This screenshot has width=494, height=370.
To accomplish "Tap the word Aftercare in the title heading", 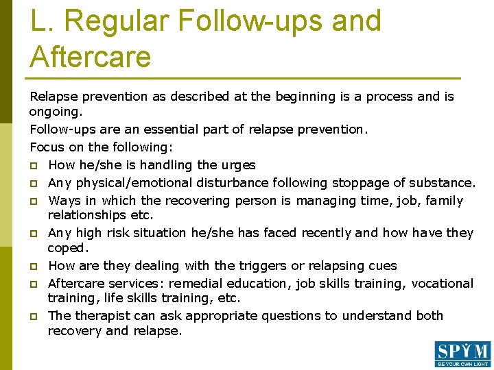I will point(90,56).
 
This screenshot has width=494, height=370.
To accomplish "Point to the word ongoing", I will point(56,112).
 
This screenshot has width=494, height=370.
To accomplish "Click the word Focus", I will point(46,147).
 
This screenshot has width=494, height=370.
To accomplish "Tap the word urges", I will point(238,164).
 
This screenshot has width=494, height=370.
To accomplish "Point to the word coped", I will point(67,248).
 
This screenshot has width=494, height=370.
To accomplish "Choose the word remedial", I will point(204,283).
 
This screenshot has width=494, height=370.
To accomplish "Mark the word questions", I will point(292,315).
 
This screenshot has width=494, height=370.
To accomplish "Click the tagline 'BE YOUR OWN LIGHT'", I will point(462,364).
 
